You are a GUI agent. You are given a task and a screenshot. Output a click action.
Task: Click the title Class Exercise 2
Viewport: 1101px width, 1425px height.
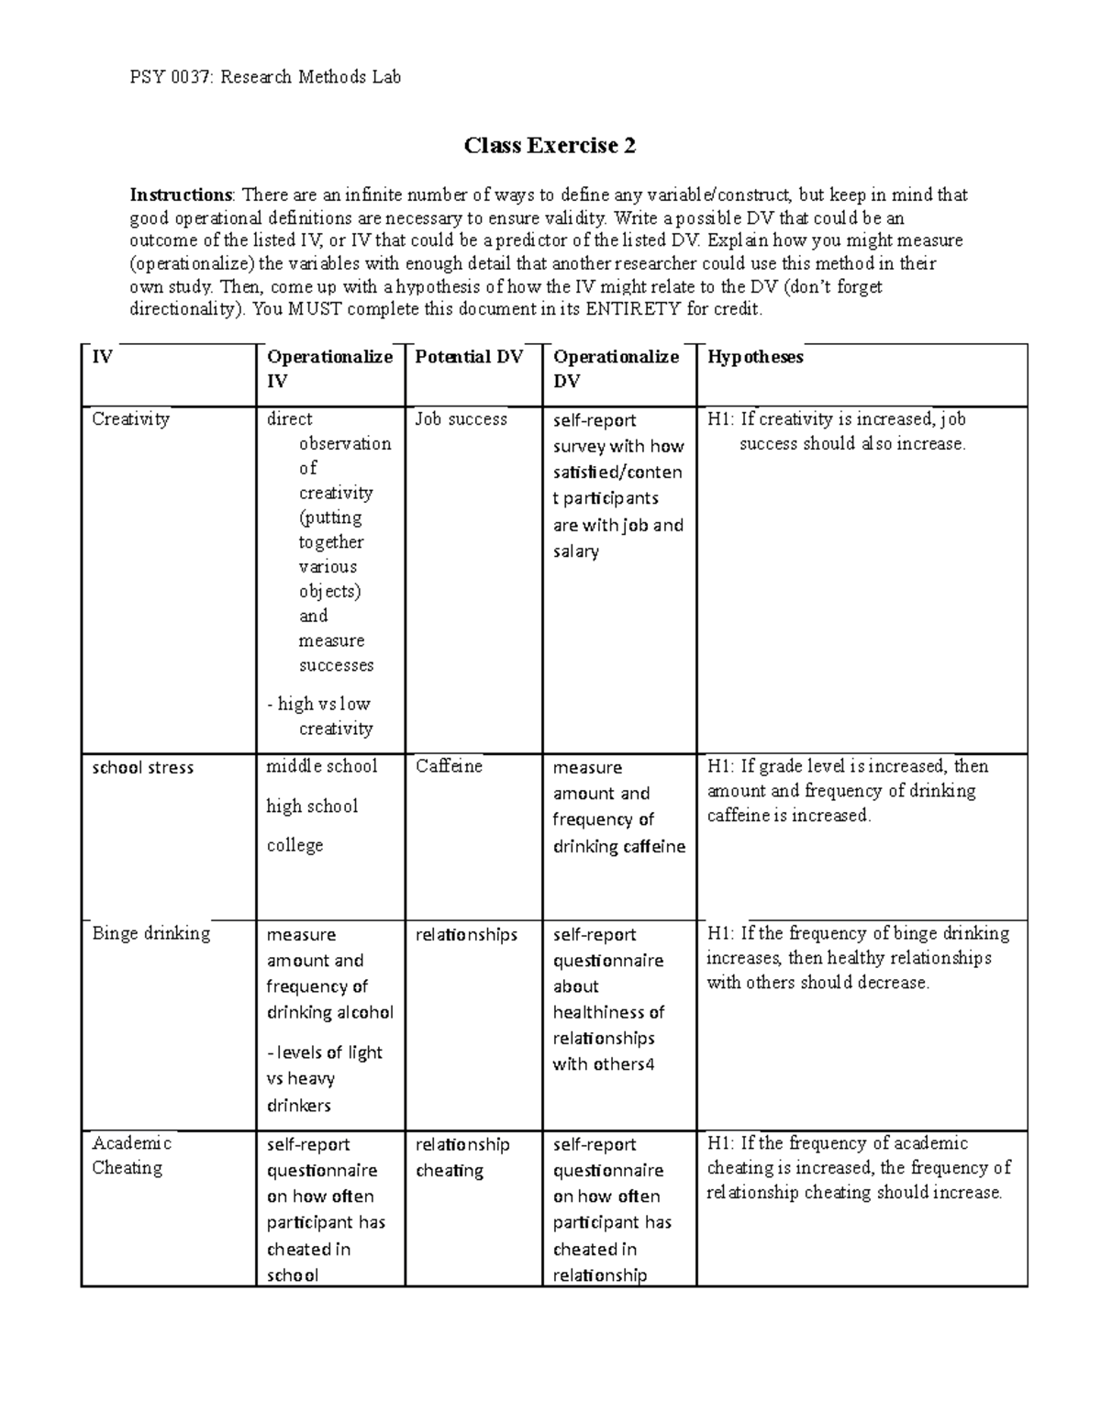[x=550, y=146]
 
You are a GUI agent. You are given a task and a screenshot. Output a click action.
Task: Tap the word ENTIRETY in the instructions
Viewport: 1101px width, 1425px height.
[x=634, y=309]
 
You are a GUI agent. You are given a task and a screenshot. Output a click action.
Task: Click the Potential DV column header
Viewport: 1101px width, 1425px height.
[x=469, y=357]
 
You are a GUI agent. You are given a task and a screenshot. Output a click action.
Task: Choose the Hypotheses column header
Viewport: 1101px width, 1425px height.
[x=755, y=357]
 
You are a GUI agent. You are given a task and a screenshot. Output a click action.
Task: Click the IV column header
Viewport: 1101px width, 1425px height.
[x=102, y=357]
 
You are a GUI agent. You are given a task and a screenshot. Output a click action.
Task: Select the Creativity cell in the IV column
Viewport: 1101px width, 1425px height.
[x=130, y=419]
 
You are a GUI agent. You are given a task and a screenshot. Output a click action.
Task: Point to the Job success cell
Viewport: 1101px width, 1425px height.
[x=461, y=419]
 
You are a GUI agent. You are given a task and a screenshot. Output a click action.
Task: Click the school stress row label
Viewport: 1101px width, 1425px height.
[x=142, y=768]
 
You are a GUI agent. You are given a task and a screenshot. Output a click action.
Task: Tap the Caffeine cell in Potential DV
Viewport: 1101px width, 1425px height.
[x=449, y=767]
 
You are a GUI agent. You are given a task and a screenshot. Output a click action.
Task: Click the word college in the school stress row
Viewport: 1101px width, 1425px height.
[x=295, y=845]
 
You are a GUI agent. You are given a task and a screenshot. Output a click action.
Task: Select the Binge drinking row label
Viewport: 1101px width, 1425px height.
[x=150, y=934]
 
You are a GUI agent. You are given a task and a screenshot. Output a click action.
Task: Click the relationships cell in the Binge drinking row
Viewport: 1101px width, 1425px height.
[x=466, y=935]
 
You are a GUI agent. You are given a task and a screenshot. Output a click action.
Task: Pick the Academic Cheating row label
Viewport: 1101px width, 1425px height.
[x=131, y=1155]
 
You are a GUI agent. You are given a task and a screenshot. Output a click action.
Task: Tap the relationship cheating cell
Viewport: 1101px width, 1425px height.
[x=462, y=1157]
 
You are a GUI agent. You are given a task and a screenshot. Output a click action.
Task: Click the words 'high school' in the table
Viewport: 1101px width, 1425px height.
[x=312, y=807]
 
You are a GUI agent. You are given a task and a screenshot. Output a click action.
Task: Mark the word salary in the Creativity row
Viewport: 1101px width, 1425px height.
[x=575, y=551]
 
